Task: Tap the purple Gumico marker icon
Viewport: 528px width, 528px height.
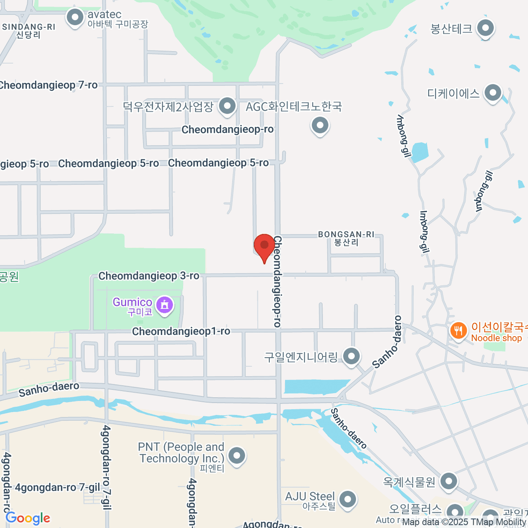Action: coord(165,304)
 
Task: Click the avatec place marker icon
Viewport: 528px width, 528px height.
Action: coord(75,18)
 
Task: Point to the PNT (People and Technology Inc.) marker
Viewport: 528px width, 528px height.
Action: coord(237,455)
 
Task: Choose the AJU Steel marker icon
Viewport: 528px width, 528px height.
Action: coord(348,499)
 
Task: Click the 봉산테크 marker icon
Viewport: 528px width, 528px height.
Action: coord(485,29)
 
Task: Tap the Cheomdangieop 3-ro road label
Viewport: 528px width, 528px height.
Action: coord(149,276)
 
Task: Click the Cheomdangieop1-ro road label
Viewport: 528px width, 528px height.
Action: coord(181,331)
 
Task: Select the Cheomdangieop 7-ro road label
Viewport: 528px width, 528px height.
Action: coord(48,85)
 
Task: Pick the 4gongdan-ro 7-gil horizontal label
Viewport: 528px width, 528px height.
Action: coord(58,488)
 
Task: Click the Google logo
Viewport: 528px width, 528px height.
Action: coord(28,518)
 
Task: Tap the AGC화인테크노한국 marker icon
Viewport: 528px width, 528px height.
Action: coord(320,126)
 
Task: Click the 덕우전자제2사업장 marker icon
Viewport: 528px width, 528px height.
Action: coord(227,106)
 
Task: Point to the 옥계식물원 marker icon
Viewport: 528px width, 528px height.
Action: coord(448,481)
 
